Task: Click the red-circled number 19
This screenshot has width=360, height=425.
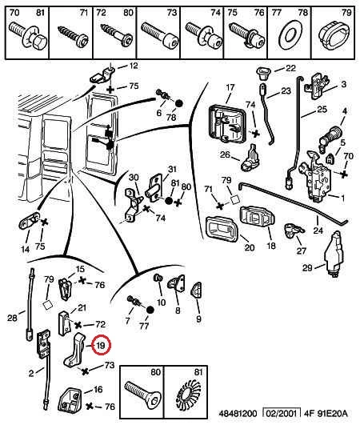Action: pos(101,346)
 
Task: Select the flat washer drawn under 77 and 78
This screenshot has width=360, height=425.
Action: pos(290,36)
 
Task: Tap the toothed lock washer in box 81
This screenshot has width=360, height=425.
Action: pos(188,394)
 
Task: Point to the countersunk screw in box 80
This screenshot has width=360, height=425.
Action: pos(142,394)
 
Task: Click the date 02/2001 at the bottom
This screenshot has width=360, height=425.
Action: pos(282,414)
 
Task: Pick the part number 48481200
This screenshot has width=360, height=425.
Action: pos(238,414)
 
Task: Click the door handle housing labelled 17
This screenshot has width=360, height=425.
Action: pos(227,123)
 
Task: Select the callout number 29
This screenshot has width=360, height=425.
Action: pos(308,268)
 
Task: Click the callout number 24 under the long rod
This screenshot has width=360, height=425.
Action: pos(318,231)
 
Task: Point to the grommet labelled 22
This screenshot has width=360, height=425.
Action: pos(262,73)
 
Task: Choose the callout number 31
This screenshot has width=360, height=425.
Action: pos(172,170)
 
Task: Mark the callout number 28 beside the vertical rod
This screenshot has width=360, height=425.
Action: pos(12,318)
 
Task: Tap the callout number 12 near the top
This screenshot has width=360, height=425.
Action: pos(133,66)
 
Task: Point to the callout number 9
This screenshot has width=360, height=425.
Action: pos(198,319)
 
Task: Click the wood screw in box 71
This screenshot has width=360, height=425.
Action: pos(73,36)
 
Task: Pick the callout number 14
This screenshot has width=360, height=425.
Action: pos(25,249)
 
